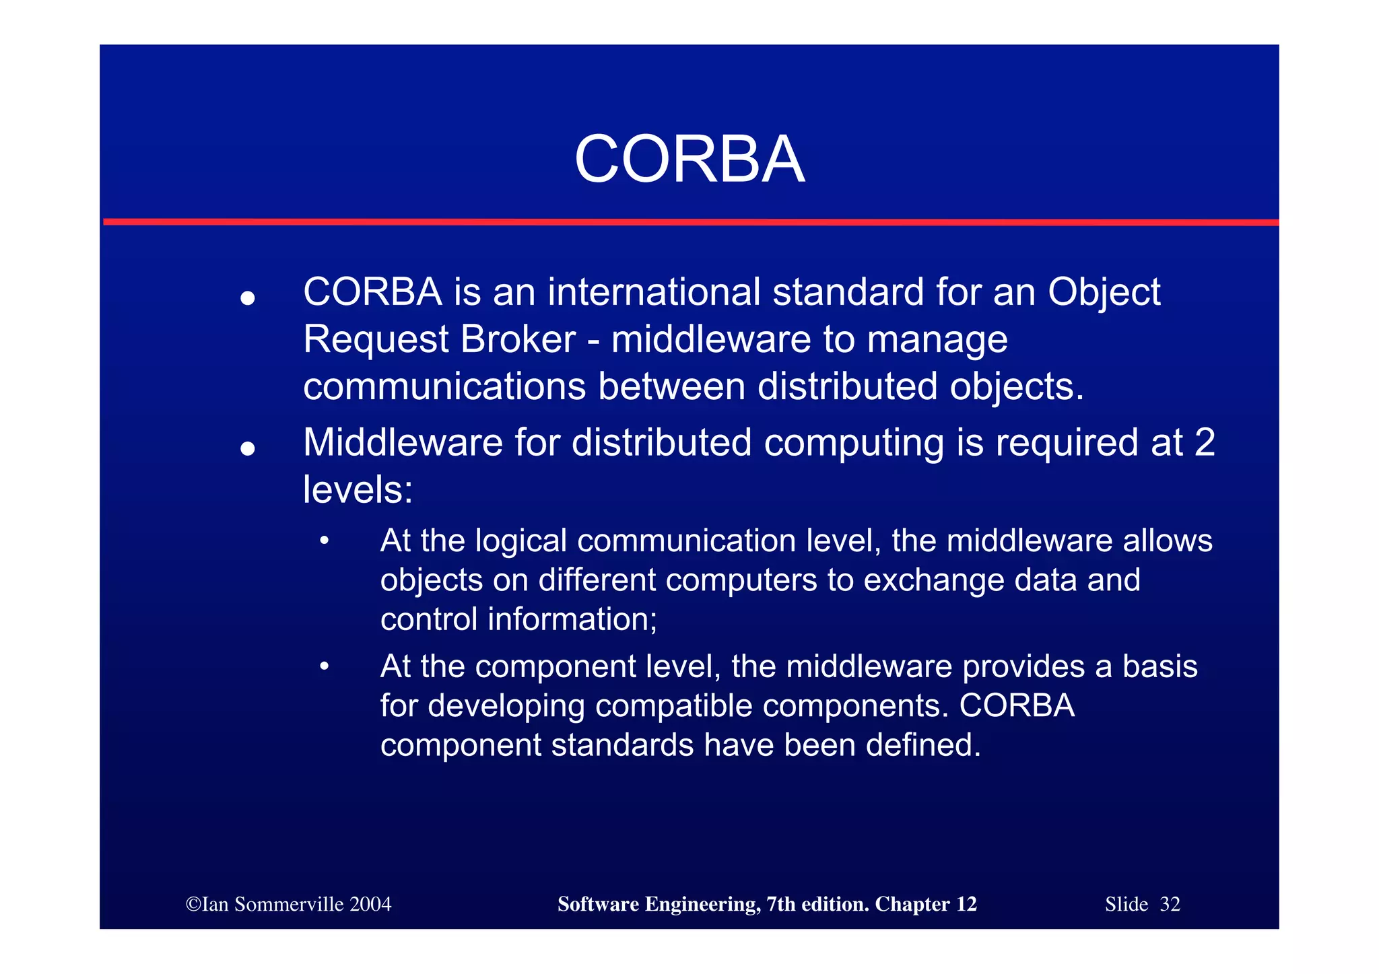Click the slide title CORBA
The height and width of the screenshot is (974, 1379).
click(689, 160)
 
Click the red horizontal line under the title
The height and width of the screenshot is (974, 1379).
click(689, 221)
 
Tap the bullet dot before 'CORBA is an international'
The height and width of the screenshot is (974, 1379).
click(248, 298)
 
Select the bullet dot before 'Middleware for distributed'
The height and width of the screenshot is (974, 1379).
click(248, 448)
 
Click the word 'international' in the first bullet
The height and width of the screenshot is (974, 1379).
click(654, 292)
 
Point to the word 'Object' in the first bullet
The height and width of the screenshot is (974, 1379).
click(1104, 293)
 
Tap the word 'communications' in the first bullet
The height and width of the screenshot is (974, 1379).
click(444, 386)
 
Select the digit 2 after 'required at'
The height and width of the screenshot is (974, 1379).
click(1204, 442)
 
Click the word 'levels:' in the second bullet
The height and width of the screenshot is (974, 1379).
click(358, 489)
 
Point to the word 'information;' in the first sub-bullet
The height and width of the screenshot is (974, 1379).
click(572, 619)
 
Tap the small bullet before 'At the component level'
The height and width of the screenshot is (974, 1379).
click(325, 666)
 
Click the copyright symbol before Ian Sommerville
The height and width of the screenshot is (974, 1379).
click(193, 904)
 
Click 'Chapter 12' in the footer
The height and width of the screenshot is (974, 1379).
click(925, 904)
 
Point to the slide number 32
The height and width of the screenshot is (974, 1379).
click(1170, 904)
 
